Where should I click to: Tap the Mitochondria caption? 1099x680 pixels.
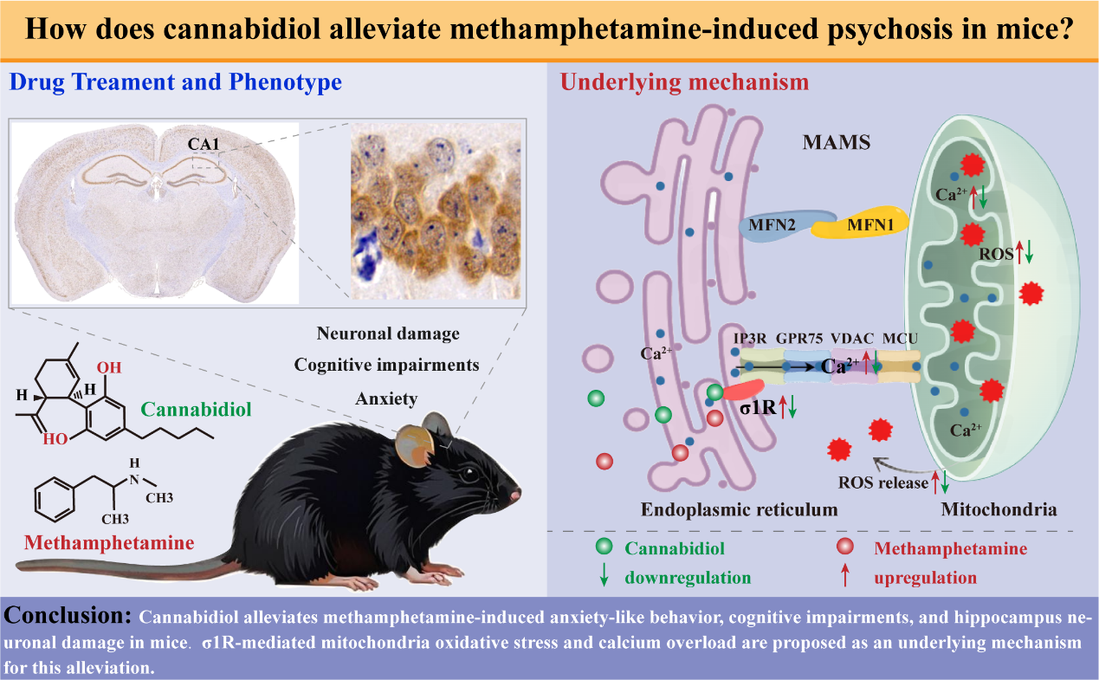[x=999, y=509]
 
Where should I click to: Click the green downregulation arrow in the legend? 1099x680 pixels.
[x=606, y=576]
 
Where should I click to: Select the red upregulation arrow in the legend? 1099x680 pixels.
[x=844, y=576]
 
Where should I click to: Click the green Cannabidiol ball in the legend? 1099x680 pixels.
[x=606, y=547]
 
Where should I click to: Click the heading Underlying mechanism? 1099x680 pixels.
[x=684, y=82]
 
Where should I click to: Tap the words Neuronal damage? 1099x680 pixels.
[x=387, y=333]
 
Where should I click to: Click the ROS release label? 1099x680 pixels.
[x=882, y=482]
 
